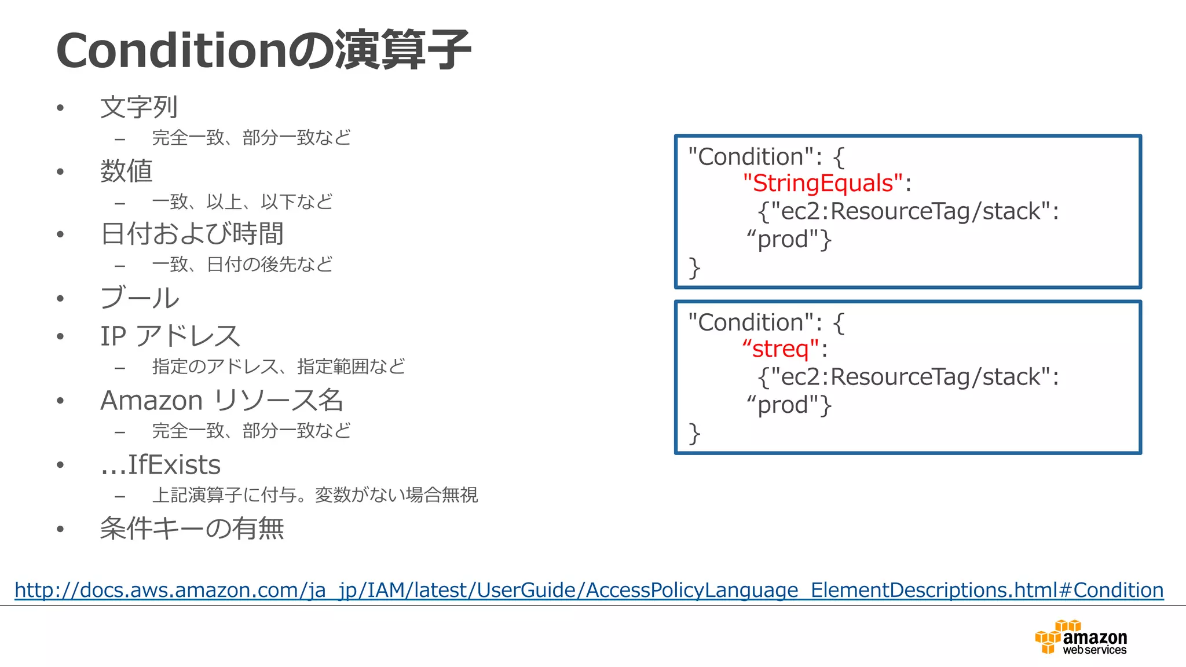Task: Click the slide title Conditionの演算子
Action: pos(263,51)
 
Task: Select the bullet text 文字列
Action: pos(139,108)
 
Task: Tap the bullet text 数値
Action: pos(126,171)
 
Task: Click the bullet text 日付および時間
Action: pos(192,234)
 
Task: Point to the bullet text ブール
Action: pos(140,298)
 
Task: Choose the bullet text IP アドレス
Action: pos(170,336)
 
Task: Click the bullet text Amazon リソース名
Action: pos(222,401)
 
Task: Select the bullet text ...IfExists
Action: pos(160,465)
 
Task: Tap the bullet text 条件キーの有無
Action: pos(192,529)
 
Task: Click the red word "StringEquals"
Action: pos(823,184)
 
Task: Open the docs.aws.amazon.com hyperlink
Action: pos(589,590)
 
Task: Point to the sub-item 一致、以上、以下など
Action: pos(242,201)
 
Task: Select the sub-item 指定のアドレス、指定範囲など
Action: pos(279,367)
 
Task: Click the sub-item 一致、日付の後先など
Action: pos(242,265)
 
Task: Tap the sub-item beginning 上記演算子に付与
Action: pos(314,495)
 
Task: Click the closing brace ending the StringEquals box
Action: pos(694,268)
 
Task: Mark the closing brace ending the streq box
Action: pos(694,434)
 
